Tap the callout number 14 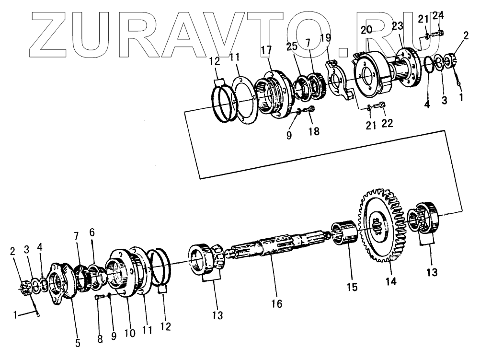tap(391, 282)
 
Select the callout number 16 tap(276, 303)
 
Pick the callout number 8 tap(100, 339)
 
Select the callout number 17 tap(266, 50)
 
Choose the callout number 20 tap(366, 29)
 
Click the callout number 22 tap(387, 123)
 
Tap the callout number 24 tap(438, 16)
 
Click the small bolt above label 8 tap(99, 298)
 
